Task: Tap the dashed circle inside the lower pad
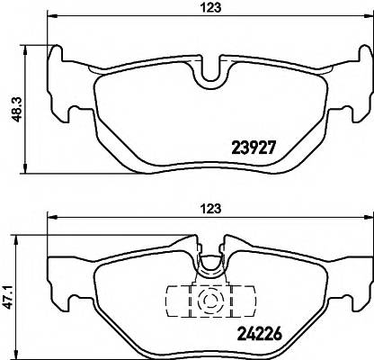coord(213,301)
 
